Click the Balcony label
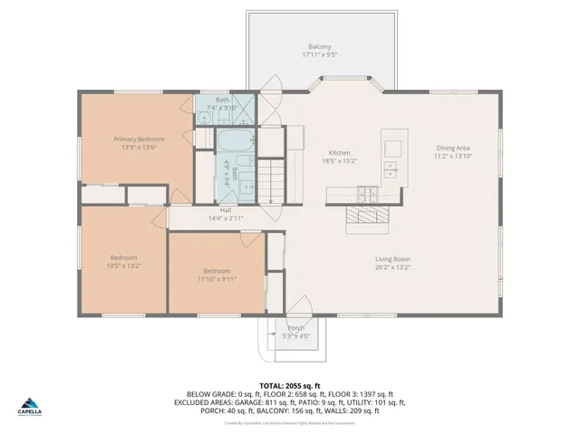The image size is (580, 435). point(319,47)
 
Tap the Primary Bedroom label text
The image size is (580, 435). point(138,139)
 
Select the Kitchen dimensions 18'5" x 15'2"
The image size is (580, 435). point(340,161)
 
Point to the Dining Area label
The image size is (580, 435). point(453,148)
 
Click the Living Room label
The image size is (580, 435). point(393,259)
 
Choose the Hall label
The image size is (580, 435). point(226,209)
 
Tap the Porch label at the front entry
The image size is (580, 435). point(296,328)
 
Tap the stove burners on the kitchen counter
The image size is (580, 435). point(367,192)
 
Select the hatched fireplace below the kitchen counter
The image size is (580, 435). point(366,217)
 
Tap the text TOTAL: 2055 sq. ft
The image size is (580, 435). point(289,385)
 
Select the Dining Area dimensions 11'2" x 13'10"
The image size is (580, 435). point(453,156)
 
